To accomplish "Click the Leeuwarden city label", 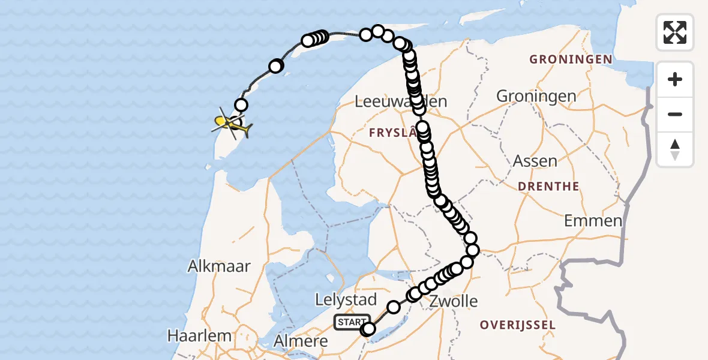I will pyautogui.click(x=401, y=101).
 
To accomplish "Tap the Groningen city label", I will pyautogui.click(x=536, y=96).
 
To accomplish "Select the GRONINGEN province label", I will pyautogui.click(x=571, y=59).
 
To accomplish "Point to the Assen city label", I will pyautogui.click(x=535, y=161).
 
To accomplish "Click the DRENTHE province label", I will pyautogui.click(x=548, y=186).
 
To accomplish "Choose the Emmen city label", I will pyautogui.click(x=593, y=221).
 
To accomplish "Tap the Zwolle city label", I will pyautogui.click(x=454, y=301).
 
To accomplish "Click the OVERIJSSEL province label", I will pyautogui.click(x=517, y=325).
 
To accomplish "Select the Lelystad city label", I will pyautogui.click(x=346, y=299).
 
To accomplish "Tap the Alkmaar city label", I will pyautogui.click(x=218, y=266).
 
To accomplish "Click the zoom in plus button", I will pyautogui.click(x=675, y=80).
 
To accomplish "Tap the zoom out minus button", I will pyautogui.click(x=675, y=114).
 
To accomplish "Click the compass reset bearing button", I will pyautogui.click(x=675, y=149).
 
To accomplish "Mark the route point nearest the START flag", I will pyautogui.click(x=368, y=329).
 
